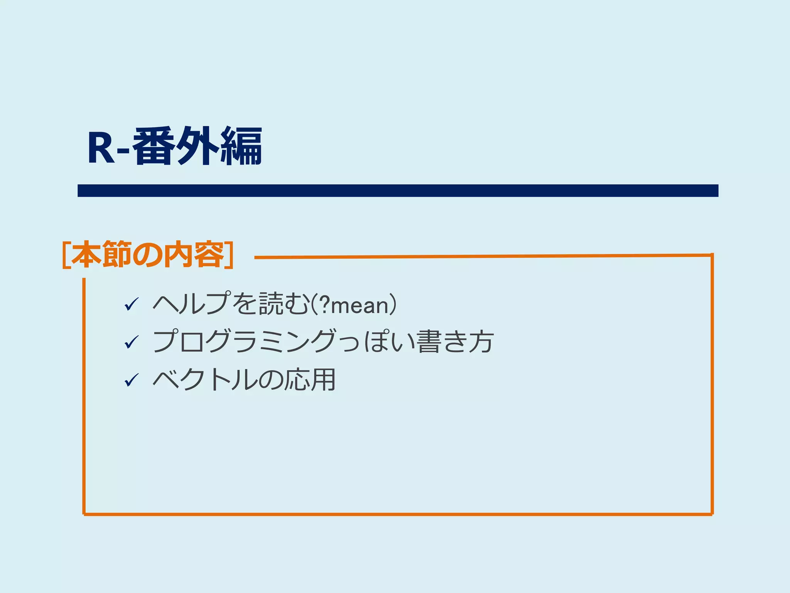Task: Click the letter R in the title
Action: [101, 148]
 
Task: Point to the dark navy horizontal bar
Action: [398, 191]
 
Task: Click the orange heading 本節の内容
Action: [148, 254]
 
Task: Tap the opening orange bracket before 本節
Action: [66, 255]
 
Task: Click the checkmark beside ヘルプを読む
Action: [132, 305]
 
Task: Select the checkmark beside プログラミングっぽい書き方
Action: [132, 342]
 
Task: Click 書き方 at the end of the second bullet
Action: [455, 341]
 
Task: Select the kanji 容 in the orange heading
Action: [209, 254]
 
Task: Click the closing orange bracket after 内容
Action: [230, 255]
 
